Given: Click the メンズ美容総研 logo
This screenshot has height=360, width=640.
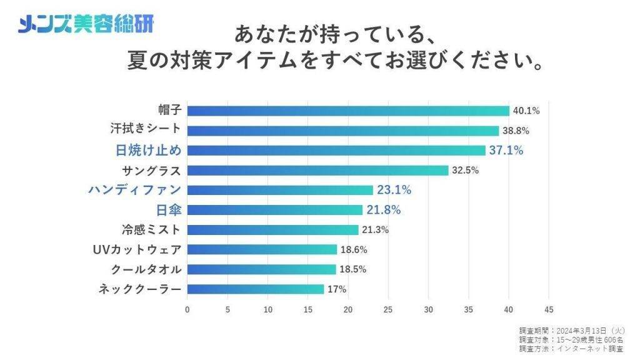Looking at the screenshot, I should tap(86, 24).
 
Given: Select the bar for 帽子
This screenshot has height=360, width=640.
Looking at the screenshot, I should tap(348, 111).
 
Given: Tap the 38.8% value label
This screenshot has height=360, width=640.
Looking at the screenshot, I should tap(516, 131).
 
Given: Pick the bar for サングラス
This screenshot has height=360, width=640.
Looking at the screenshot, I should tap(317, 171).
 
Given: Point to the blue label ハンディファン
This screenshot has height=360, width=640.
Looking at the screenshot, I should tap(135, 190).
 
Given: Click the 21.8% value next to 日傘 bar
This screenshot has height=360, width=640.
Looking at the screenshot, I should tap(384, 210).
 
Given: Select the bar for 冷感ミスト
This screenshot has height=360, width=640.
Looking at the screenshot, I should tap(272, 229).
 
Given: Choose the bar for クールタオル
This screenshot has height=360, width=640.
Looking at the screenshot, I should tap(261, 269).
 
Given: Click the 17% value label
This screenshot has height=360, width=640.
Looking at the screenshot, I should tap(337, 289).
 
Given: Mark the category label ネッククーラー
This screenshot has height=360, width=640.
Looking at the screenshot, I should tap(140, 289).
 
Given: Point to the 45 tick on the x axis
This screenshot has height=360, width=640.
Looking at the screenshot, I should tap(549, 309).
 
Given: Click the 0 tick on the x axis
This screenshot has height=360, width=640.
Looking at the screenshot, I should tap(187, 309).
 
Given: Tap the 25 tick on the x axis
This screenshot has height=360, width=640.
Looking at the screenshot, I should tap(389, 309).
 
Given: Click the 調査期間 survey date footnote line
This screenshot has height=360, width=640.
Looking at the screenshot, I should tap(571, 330).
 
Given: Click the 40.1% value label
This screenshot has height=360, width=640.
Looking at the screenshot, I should tap(526, 111).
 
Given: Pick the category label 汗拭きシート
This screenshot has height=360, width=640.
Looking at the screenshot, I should tap(145, 130).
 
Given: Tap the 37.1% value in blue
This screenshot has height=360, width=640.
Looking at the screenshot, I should tap(507, 151).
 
